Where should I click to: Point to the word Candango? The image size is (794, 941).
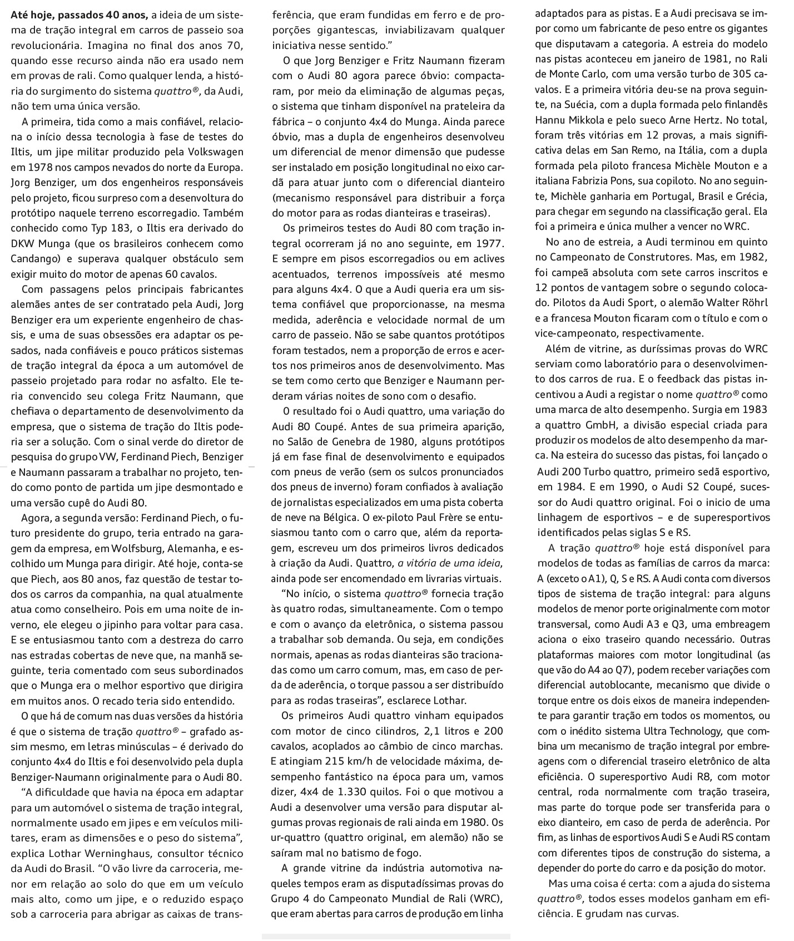pyautogui.click(x=34, y=258)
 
